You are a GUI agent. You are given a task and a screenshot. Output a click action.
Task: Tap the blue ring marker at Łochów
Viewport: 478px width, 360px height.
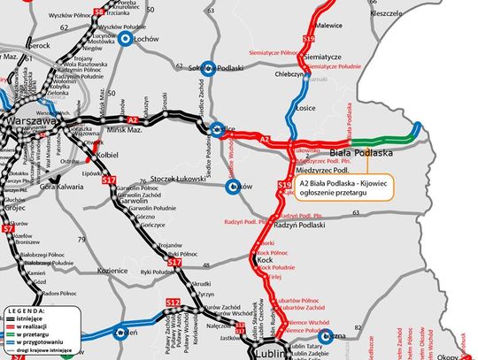click(129, 39)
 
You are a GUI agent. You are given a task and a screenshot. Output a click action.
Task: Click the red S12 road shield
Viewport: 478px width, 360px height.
click(173, 303)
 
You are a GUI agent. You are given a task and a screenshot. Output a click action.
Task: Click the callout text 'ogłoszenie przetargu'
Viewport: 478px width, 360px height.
click(341, 194)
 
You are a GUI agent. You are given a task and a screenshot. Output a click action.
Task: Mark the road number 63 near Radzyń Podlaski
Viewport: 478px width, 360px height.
click(356, 213)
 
